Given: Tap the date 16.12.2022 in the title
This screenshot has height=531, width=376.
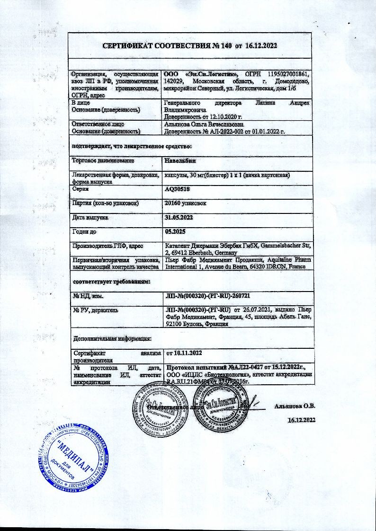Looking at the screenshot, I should [260, 46].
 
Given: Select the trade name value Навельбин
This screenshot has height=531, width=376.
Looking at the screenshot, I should [179, 161].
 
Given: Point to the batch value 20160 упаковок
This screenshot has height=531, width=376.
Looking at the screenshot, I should [185, 203].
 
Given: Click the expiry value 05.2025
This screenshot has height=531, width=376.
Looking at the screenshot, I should [174, 232].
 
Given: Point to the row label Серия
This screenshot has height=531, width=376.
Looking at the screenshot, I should [80, 189].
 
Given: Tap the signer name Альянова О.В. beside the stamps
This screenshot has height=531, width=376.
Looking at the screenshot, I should [294, 406].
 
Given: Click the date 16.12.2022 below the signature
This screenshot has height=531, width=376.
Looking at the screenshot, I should [302, 420].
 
